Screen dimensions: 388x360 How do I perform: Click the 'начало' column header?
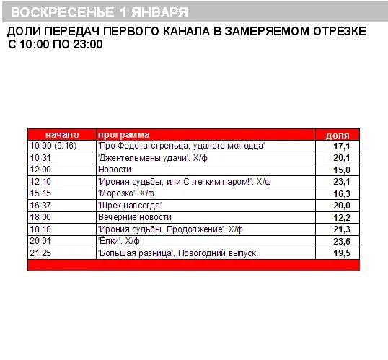pos(61,135)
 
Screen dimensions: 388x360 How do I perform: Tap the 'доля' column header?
pos(338,135)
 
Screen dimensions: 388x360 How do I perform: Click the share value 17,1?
pos(341,146)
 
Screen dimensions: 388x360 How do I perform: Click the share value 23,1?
pos(341,182)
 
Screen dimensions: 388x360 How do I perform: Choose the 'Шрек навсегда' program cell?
pos(129,206)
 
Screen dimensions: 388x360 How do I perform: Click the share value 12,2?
pos(341,217)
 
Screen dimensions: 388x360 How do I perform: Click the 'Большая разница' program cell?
pos(176,253)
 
